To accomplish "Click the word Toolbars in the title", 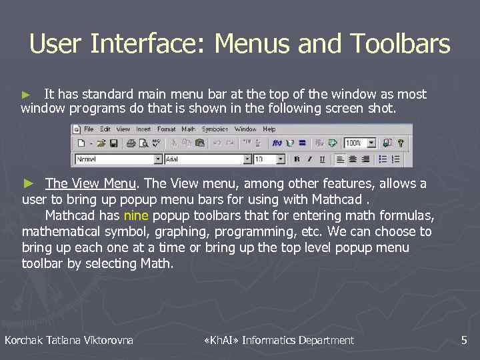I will point(405,45).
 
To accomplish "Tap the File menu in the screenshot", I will point(89,129).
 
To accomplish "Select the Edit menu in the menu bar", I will point(105,129).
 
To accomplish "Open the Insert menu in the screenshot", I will point(143,129).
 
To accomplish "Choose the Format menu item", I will point(167,129).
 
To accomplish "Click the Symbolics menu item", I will point(215,129).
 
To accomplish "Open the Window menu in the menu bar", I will point(245,129).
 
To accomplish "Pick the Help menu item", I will point(269,129).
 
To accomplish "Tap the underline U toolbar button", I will point(323,159).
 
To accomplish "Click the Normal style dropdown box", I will point(119,159).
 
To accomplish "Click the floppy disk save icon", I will point(113,143).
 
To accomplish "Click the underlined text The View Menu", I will point(91,183).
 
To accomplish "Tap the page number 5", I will point(464,341).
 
